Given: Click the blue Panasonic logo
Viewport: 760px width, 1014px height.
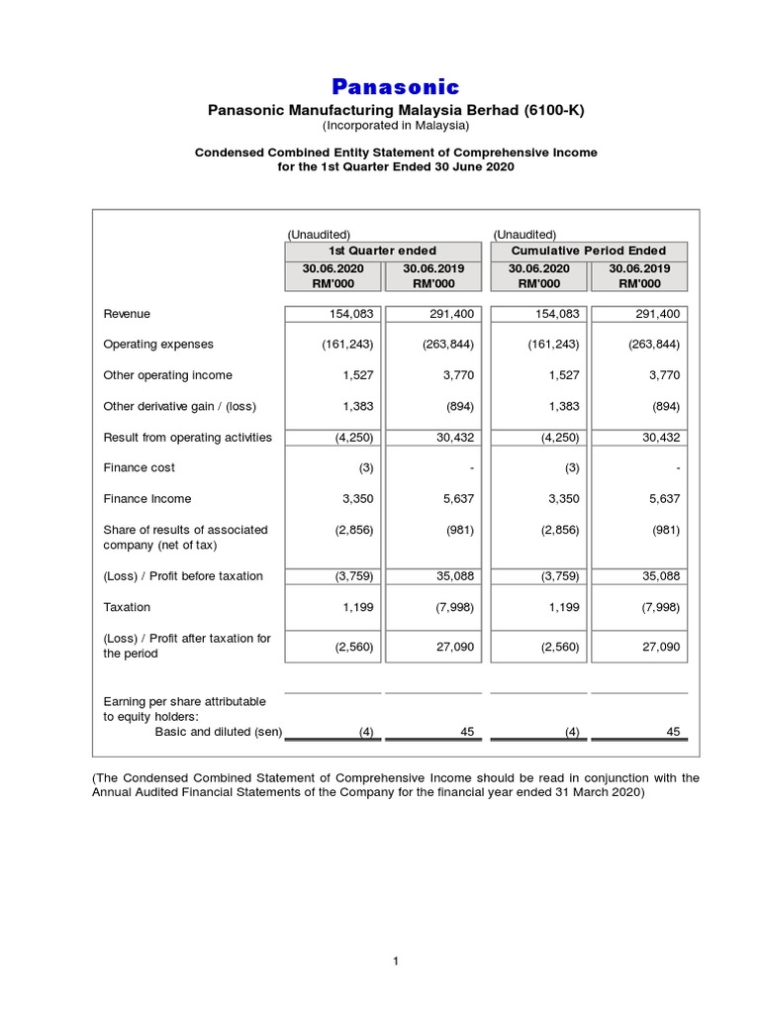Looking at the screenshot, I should coord(395,86).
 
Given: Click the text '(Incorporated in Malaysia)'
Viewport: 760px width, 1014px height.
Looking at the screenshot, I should coord(395,126).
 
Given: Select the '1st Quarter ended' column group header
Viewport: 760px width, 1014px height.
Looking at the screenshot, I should coord(382,251).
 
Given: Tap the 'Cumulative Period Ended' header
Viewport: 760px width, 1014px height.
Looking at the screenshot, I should coord(588,251).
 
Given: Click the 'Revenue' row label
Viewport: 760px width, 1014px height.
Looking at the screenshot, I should coord(127,314).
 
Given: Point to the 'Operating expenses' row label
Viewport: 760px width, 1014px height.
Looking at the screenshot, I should coord(158,345).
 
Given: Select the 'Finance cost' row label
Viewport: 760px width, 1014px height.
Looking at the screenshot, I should coord(140,467).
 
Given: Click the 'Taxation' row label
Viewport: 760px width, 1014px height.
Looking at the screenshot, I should coord(127,607).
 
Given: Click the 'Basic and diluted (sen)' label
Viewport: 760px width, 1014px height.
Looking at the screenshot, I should coord(219,732).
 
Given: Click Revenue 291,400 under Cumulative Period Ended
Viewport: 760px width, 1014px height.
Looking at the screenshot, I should coord(654,314).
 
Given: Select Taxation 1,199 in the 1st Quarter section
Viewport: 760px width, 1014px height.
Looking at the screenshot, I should coord(358,607).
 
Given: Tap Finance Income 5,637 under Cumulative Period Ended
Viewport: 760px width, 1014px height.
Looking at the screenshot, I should coord(664,499).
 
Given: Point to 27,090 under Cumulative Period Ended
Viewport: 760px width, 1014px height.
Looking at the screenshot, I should coord(660,647).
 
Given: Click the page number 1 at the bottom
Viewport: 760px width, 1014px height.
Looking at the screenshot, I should coord(395,961).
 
